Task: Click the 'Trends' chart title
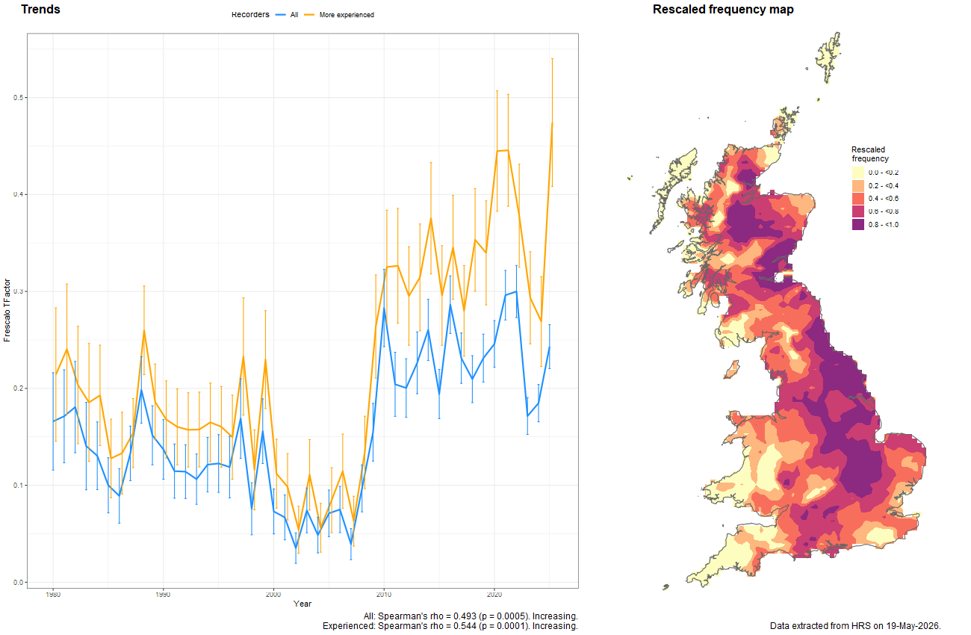tap(40, 9)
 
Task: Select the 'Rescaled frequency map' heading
tap(723, 10)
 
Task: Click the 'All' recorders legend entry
tap(287, 15)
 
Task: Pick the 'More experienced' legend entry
tap(339, 15)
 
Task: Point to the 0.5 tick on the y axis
tap(18, 98)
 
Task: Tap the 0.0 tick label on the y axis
tap(18, 582)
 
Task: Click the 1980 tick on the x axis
tap(53, 594)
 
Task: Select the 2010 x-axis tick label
tap(384, 594)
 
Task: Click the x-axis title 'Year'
tap(303, 604)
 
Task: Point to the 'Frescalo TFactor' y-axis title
tap(7, 310)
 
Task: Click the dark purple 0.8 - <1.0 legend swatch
tap(858, 225)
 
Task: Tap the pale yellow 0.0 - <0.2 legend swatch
tap(858, 173)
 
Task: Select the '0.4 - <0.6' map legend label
tap(884, 199)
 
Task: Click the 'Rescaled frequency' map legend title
tap(870, 154)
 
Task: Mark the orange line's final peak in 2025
tap(552, 123)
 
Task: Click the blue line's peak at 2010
tap(384, 309)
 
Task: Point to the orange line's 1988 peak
tap(144, 331)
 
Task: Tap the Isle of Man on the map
tap(732, 370)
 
